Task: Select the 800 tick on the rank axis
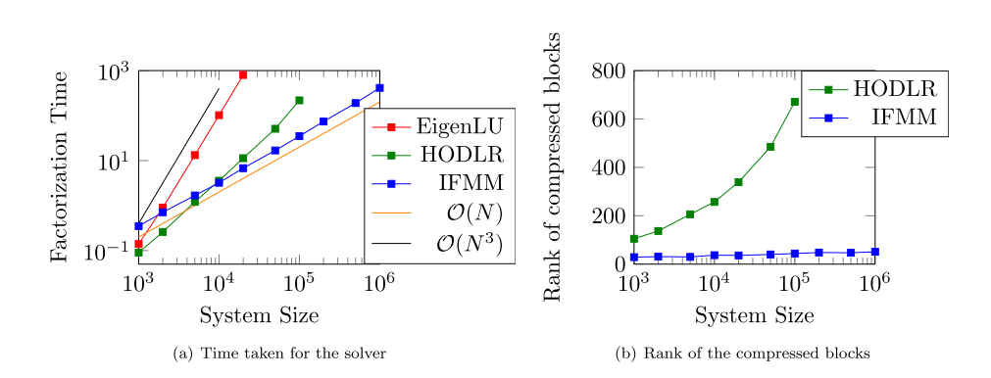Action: pyautogui.click(x=607, y=71)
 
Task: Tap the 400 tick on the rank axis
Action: pyautogui.click(x=607, y=167)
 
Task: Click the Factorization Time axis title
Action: pyautogui.click(x=61, y=166)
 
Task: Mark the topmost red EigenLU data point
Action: pyautogui.click(x=243, y=74)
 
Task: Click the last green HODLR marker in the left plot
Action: pyautogui.click(x=299, y=100)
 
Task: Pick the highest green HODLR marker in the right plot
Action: pyautogui.click(x=795, y=102)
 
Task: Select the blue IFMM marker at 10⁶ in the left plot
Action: pyautogui.click(x=379, y=88)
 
